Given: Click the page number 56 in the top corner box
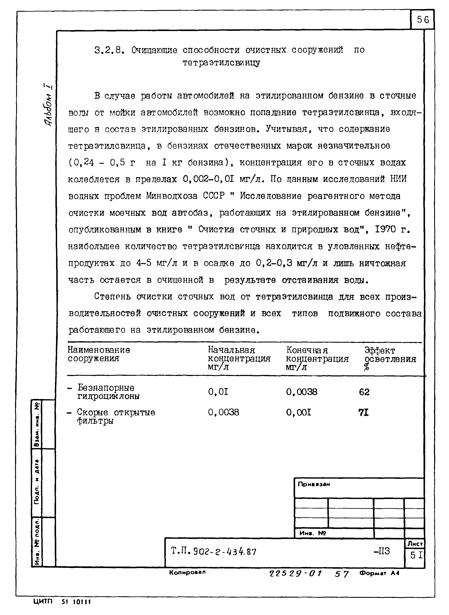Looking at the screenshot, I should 423,20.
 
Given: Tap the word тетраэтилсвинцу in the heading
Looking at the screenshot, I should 221,63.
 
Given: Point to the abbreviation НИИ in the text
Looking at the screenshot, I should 398,179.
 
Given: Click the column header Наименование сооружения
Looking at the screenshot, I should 99,354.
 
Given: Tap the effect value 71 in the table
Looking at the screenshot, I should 363,413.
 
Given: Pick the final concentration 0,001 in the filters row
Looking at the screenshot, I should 298,413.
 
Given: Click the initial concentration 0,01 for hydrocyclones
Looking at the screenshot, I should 218,392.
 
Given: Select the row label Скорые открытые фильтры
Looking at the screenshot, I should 111,416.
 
